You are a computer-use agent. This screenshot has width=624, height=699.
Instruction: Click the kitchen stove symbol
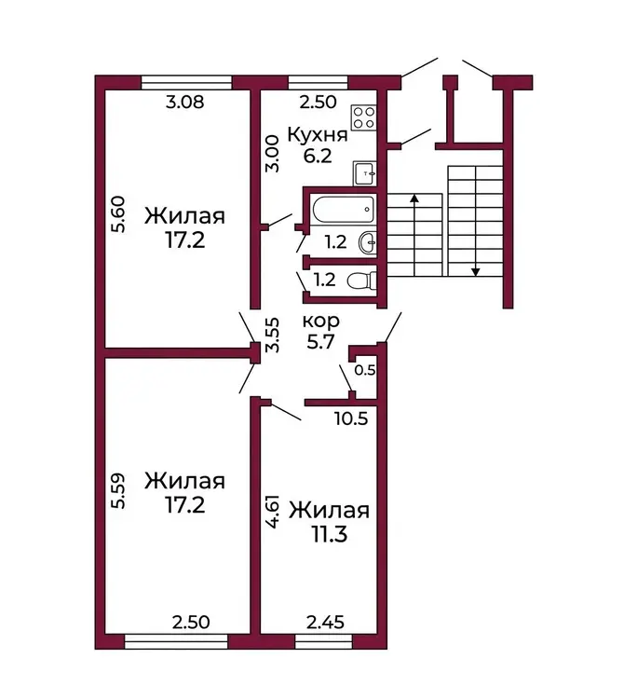pos(363,117)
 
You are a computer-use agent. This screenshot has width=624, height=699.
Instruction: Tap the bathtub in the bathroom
pos(344,210)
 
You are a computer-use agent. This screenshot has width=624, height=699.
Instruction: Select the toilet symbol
pos(361,281)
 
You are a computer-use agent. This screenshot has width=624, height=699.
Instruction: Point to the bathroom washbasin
pos(368,242)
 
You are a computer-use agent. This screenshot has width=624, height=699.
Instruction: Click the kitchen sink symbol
pos(364,173)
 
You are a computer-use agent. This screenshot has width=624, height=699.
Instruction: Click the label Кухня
pos(317,135)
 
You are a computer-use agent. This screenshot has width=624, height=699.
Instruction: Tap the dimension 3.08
pos(184,103)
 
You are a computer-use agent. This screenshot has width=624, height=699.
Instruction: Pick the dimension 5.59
pos(119,491)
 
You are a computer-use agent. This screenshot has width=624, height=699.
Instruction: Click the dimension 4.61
pos(274,511)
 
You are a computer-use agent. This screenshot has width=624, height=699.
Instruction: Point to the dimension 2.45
pos(326,622)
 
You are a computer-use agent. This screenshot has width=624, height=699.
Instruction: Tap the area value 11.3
pos(329,534)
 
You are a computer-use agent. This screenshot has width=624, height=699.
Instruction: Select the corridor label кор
pos(320,322)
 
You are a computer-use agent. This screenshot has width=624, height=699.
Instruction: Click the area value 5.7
pos(320,342)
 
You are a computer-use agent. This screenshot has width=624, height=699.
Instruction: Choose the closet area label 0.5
pos(365,370)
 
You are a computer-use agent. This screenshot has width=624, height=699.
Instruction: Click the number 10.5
pos(352,418)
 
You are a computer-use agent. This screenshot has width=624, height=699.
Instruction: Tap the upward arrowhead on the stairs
pos(414,199)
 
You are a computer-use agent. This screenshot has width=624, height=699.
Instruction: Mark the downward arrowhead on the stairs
pos(476,271)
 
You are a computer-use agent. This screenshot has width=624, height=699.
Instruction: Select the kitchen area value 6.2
pos(318,157)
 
